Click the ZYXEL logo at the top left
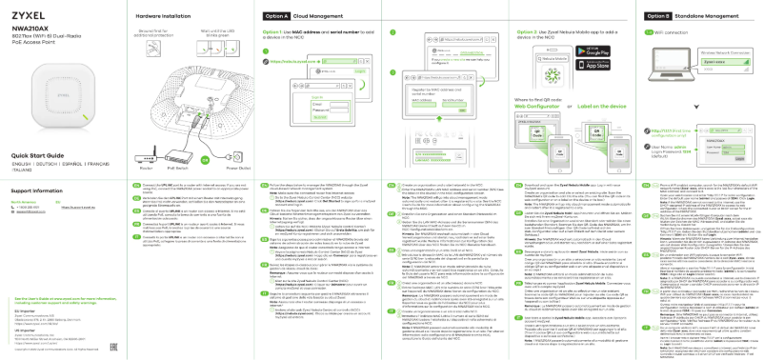click(30, 17)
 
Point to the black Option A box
click(276, 17)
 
